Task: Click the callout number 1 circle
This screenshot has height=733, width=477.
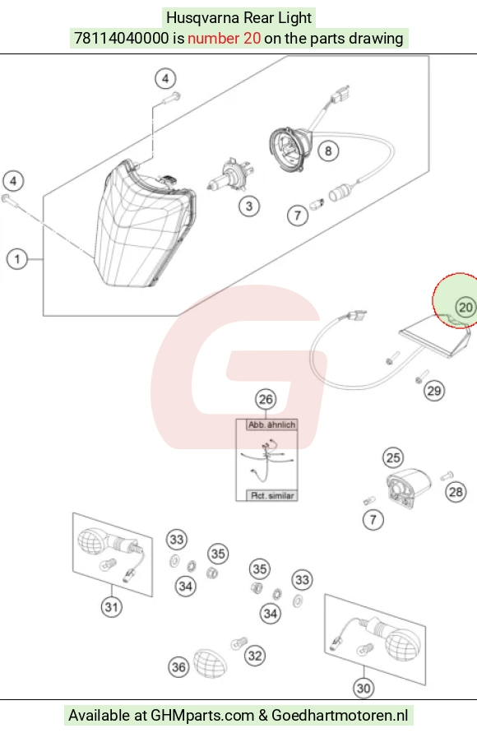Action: [17, 259]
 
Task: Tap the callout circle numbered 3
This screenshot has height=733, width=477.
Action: [249, 206]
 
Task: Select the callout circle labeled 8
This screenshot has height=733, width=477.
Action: [328, 151]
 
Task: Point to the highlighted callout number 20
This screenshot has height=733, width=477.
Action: [465, 308]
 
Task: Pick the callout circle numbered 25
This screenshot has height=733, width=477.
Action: [393, 457]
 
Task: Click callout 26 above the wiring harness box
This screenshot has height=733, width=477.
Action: [266, 399]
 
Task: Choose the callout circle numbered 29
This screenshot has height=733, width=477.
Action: [434, 391]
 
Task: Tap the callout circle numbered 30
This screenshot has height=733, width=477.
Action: [364, 688]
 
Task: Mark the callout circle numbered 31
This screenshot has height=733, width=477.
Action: [111, 607]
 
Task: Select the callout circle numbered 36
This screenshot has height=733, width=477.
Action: [178, 667]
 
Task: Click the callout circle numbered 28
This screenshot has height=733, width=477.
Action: [456, 492]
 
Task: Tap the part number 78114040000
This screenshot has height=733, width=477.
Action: [122, 38]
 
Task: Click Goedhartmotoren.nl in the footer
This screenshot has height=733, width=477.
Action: [340, 715]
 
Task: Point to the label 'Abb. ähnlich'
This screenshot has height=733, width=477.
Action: [272, 425]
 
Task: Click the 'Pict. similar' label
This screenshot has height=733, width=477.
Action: [272, 495]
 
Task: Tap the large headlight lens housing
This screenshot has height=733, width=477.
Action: [145, 223]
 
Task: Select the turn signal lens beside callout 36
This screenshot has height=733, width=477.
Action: [210, 663]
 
